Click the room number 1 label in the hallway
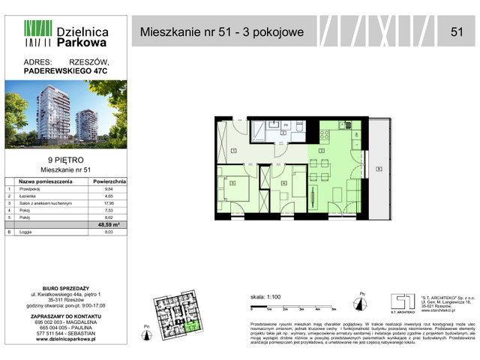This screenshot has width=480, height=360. coord(233,151)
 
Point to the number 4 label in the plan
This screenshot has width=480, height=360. coord(283,183)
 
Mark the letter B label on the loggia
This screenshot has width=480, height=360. coord(379,168)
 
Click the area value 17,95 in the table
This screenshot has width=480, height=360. coord(109,202)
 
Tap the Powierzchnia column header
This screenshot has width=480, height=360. coord(109,181)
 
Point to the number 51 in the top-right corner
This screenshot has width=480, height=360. coord(456,31)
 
